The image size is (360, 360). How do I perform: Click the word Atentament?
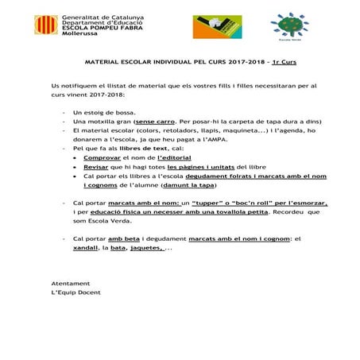70,283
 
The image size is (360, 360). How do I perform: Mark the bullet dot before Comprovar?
75,157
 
